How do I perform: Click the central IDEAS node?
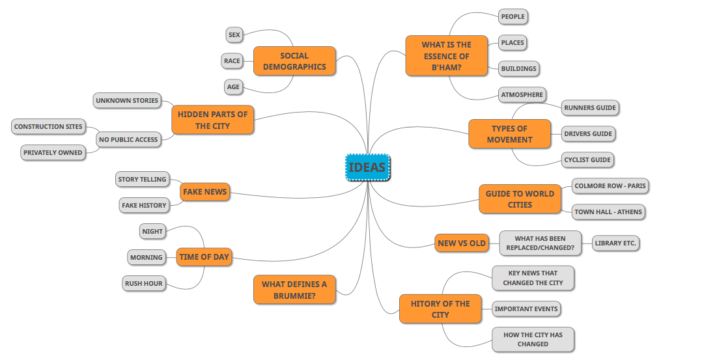[x=367, y=167]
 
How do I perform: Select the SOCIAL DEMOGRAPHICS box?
[x=294, y=61]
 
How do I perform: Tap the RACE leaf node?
[x=232, y=61]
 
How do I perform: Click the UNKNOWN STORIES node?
[x=127, y=101]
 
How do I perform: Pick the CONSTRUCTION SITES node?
[x=48, y=127]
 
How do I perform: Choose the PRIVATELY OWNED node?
[x=53, y=153]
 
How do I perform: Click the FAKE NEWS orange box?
[x=204, y=192]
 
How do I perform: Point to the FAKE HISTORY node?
[x=144, y=205]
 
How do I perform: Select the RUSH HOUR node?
[x=145, y=283]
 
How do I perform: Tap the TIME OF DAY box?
[x=204, y=257]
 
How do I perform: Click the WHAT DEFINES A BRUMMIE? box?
[x=294, y=290]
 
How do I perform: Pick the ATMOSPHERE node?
[x=522, y=94]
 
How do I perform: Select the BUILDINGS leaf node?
[x=519, y=68]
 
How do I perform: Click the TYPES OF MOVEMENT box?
[x=509, y=133]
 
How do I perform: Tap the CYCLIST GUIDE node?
[x=588, y=159]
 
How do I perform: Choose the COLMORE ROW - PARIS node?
[x=610, y=186]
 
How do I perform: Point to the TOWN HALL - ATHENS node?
[x=608, y=212]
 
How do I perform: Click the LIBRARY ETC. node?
[x=615, y=243]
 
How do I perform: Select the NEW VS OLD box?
[x=462, y=243]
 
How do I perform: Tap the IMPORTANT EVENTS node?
[x=526, y=309]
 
